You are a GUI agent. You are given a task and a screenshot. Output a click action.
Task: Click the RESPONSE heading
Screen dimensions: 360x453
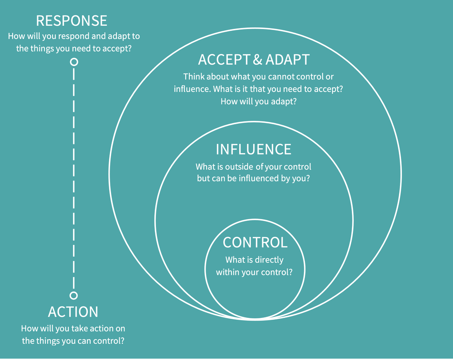click(x=72, y=21)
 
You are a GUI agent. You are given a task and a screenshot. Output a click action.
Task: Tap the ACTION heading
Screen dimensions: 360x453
click(x=73, y=312)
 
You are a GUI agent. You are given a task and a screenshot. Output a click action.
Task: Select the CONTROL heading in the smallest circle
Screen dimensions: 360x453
click(x=255, y=242)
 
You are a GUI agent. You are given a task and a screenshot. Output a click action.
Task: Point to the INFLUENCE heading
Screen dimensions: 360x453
click(x=253, y=149)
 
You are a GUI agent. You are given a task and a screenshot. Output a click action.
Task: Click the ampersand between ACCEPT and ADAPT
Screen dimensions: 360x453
click(x=257, y=60)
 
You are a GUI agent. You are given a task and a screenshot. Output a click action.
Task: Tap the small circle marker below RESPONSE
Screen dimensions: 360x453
click(x=74, y=62)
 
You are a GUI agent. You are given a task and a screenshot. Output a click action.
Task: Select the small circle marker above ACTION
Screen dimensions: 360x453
click(x=73, y=295)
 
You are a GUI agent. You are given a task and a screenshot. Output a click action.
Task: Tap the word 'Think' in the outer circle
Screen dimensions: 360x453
click(x=194, y=77)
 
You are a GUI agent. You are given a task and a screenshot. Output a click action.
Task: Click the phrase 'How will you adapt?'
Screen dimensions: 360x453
click(x=258, y=101)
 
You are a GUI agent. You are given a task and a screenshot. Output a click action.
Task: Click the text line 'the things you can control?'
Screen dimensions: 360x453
click(x=73, y=341)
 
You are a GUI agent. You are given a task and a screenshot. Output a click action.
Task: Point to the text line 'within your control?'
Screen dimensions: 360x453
click(x=254, y=272)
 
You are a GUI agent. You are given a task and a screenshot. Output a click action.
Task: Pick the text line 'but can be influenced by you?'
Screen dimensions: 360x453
click(x=253, y=178)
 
